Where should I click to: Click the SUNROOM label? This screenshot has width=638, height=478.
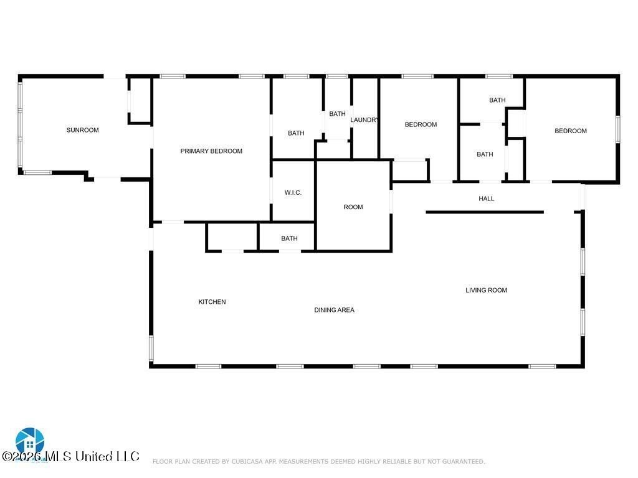coord(82,130)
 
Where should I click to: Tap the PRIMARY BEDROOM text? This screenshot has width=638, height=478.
coord(211,151)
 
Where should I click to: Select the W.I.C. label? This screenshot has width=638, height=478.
coord(293,193)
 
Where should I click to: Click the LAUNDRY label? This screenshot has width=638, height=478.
coord(364,120)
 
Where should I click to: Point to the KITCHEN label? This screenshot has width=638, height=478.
coord(212,302)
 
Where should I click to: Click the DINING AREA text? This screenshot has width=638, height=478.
coord(334,310)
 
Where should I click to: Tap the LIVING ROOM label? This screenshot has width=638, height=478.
coord(486,290)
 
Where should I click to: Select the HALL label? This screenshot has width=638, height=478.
coord(487,199)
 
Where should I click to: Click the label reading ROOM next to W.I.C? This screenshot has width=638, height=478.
coord(353,207)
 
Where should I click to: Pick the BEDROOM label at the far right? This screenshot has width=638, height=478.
coord(571,131)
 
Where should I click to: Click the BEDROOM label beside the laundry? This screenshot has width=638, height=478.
coord(421,124)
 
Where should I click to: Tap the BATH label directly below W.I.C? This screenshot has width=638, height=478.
coord(289,238)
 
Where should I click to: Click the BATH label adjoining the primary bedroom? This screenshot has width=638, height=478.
coord(296,133)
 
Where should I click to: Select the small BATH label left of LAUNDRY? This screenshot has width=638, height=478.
coord(337,114)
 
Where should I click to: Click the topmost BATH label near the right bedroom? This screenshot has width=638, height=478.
coord(497,100)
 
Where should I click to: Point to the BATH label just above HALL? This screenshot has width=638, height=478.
coord(485,154)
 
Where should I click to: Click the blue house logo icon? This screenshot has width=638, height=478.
coord(29,441)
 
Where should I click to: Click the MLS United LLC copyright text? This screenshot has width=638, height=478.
coord(70,457)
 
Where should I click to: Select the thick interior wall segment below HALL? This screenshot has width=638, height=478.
coord(485,212)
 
